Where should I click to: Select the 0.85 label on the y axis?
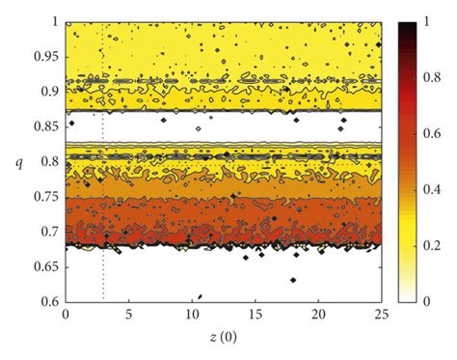pos(45,126)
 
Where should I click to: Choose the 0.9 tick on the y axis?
pos(49,92)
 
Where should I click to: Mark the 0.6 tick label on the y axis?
pos(49,302)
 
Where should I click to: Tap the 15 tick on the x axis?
pos(255,315)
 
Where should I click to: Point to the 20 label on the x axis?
pos(318,315)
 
